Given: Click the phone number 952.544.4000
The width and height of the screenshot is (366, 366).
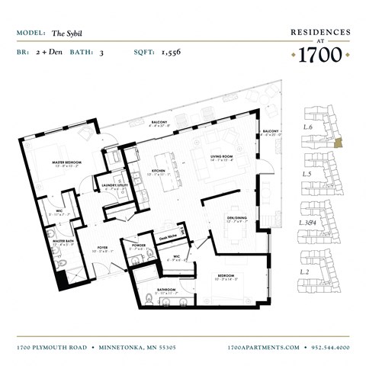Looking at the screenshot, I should (x=328, y=347).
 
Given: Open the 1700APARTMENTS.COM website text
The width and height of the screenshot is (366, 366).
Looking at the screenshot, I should (x=263, y=347).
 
